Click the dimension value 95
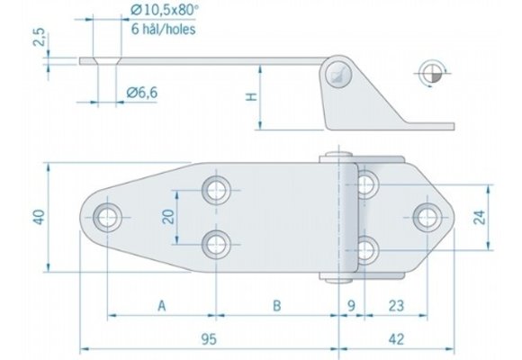tap(210, 339)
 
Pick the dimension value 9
tap(352, 306)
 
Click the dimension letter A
tap(161, 306)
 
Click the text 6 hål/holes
tap(164, 29)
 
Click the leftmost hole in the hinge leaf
tap(108, 216)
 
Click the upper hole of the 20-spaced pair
tap(215, 189)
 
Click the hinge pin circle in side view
tap(339, 75)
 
